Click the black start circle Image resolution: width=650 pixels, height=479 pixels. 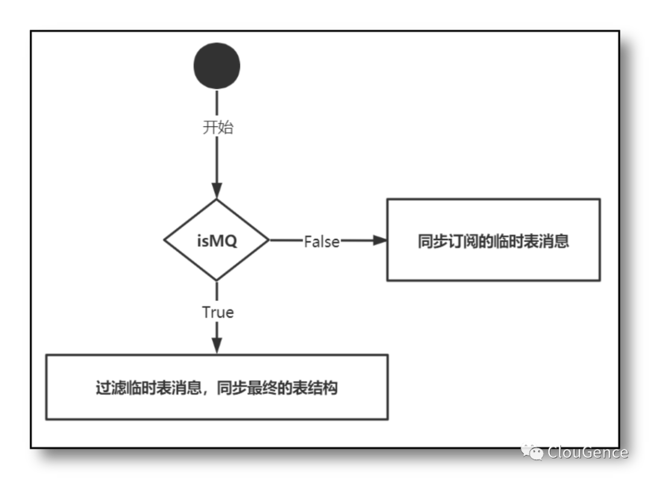217,66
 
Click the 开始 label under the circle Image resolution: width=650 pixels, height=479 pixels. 217,128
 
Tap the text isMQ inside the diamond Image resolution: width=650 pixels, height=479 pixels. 217,241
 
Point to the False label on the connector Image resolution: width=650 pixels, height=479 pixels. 321,241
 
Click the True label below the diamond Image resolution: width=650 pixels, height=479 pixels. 218,312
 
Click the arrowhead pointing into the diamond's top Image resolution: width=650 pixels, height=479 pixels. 217,191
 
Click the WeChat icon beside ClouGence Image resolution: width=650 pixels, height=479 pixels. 533,452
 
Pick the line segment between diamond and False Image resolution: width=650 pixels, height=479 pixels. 286,240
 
